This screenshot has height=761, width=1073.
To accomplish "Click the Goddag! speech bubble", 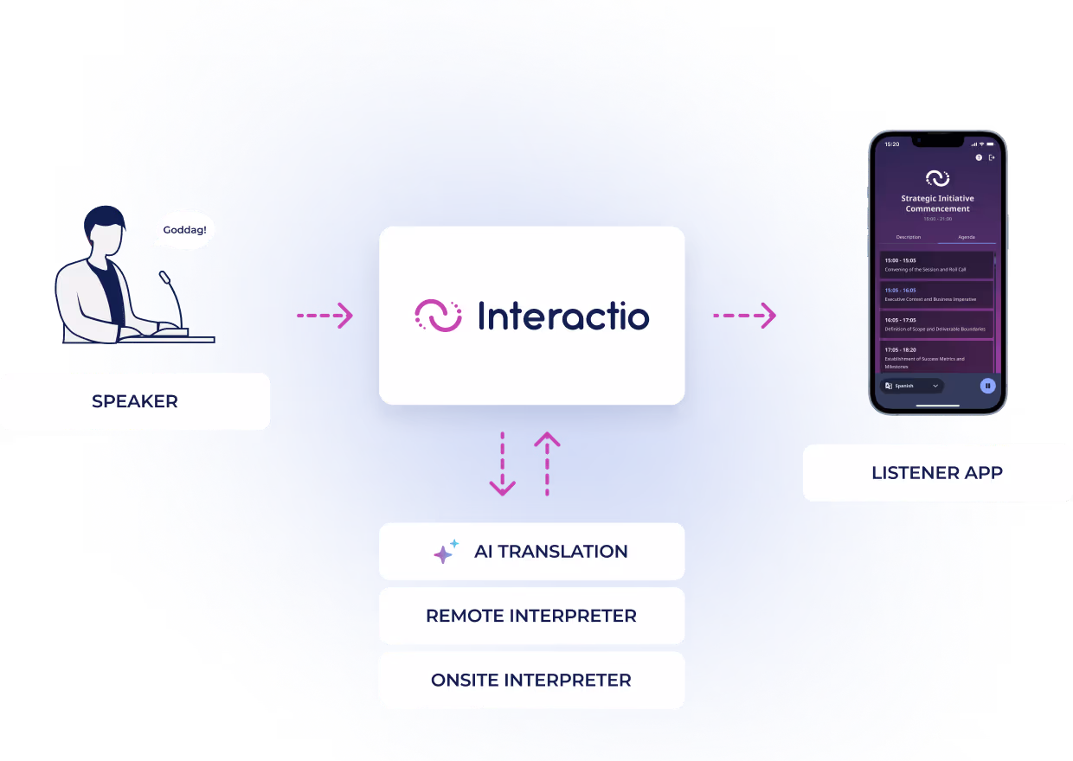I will (185, 231).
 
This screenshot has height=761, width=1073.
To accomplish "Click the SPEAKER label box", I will (135, 401).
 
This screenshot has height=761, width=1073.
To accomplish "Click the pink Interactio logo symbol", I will (438, 316).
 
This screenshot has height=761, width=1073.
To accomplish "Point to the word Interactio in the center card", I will (563, 316).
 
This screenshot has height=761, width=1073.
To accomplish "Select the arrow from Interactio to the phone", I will (744, 316).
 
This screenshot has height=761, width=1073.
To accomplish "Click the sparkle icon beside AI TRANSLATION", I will (446, 552).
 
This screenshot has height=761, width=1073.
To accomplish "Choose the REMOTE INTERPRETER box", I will (531, 616).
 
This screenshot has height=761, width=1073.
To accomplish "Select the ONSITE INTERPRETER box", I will (531, 680).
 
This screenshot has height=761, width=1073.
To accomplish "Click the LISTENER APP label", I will (937, 473).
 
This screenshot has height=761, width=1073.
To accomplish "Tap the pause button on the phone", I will (987, 386).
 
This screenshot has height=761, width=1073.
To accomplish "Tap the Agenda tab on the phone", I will (966, 237).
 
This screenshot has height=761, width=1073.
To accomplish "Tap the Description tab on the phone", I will (909, 237).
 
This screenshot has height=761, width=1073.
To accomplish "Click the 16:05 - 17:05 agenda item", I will (936, 324).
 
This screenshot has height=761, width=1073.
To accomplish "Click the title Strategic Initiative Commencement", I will (937, 203).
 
